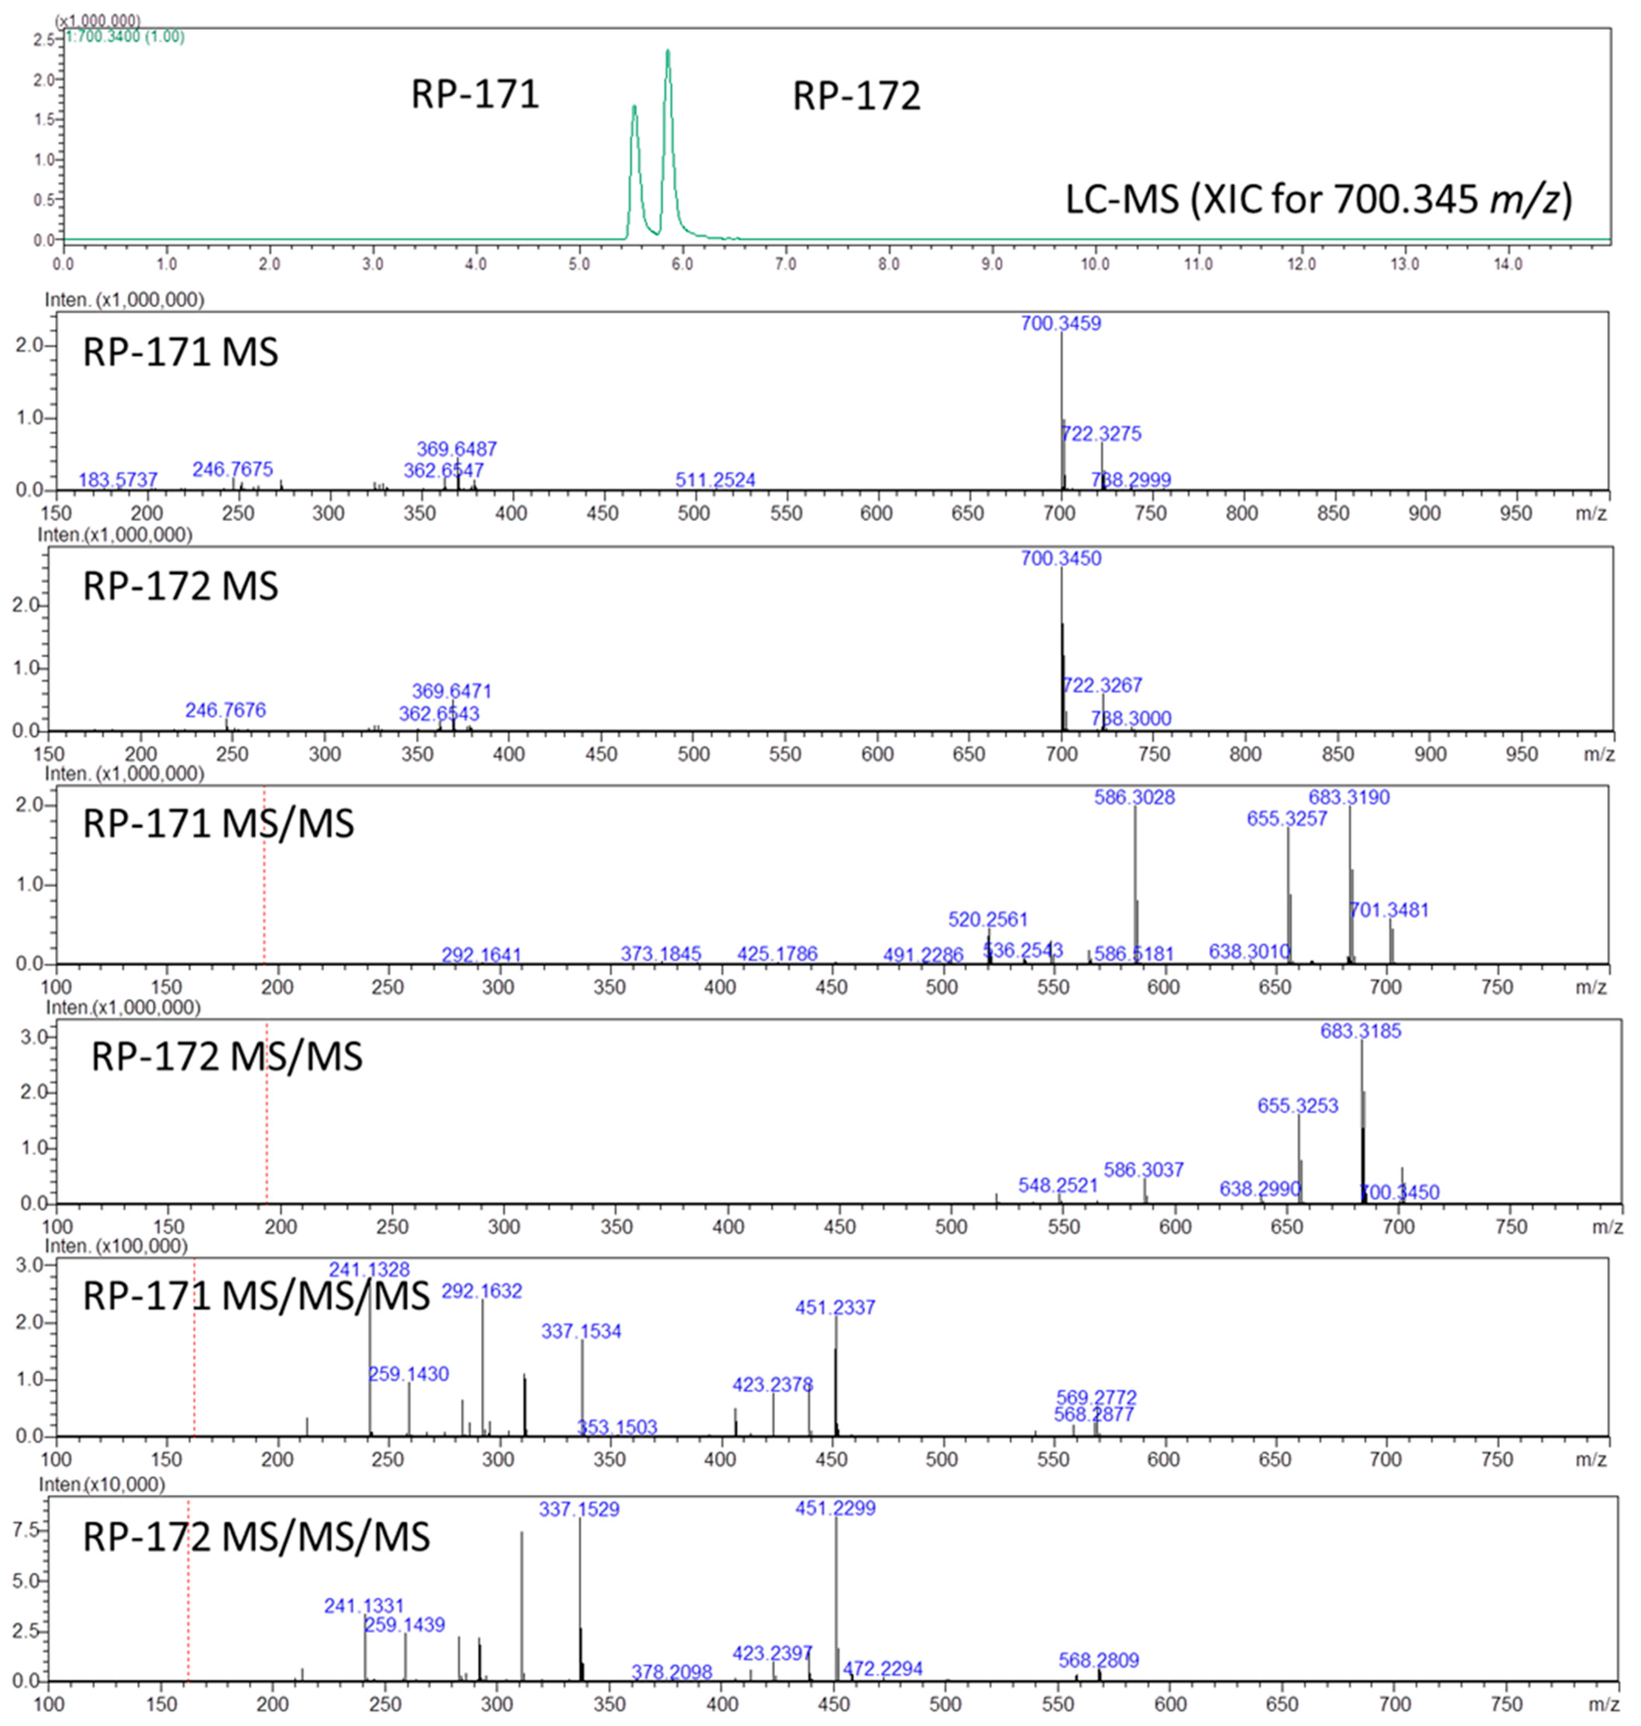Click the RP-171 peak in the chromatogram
click(x=634, y=109)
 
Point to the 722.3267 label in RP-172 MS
click(x=1102, y=685)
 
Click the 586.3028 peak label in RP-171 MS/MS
click(x=1135, y=797)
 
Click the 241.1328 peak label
click(x=369, y=1269)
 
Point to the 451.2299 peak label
click(x=835, y=1508)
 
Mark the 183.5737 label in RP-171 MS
click(x=118, y=480)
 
